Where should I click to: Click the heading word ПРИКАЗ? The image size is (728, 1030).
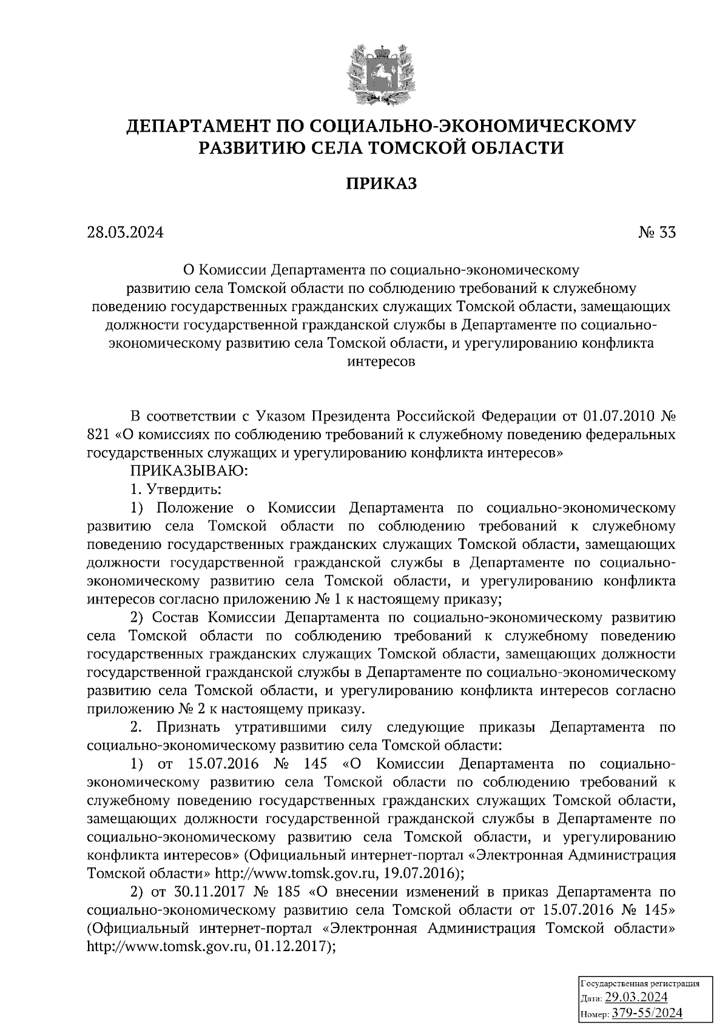tap(382, 183)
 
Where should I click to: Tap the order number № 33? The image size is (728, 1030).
tap(657, 232)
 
